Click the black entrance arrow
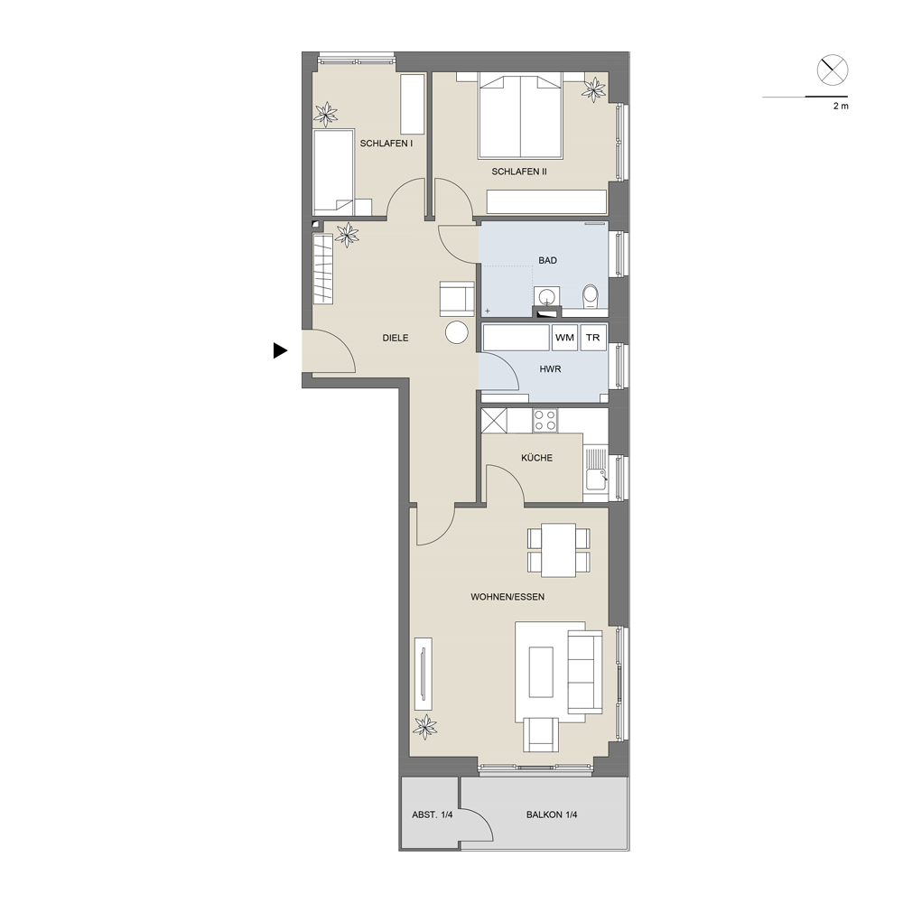tap(280, 350)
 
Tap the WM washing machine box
tap(564, 338)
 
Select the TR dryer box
tap(593, 338)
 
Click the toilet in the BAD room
tap(591, 296)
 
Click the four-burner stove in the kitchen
tap(545, 421)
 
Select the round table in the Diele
tap(457, 332)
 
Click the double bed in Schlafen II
tap(520, 116)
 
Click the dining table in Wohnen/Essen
tap(559, 549)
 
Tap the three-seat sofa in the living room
tap(584, 672)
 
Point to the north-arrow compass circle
tap(833, 70)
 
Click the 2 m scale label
tap(841, 107)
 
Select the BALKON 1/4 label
tap(552, 815)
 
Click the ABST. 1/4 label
tap(432, 815)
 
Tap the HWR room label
tap(550, 369)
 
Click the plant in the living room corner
tap(425, 727)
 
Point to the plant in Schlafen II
tap(594, 88)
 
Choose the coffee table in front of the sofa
tap(541, 672)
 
